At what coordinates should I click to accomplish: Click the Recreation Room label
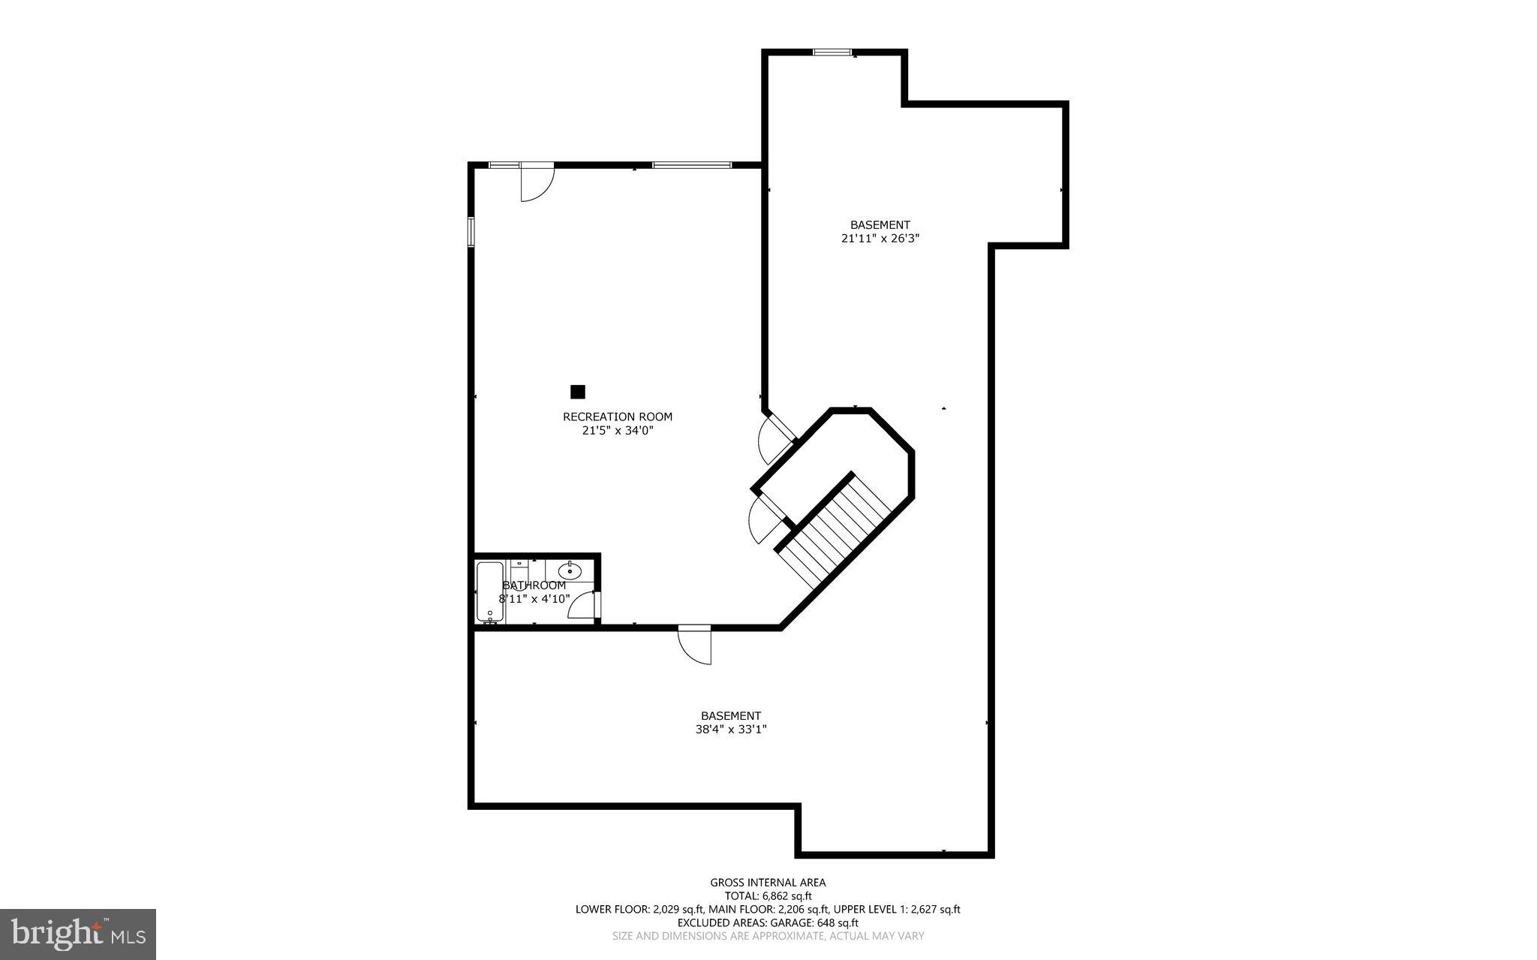click(617, 417)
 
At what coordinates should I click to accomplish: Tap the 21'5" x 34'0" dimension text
click(617, 431)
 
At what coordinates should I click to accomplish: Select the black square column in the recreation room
click(577, 392)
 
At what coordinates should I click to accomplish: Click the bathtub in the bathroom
click(489, 591)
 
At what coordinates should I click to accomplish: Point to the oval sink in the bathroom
click(570, 571)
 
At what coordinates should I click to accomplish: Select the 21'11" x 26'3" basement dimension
click(880, 239)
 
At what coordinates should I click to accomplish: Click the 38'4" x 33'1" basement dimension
click(730, 729)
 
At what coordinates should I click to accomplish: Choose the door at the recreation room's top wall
click(536, 182)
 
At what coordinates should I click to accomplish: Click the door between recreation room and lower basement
click(693, 645)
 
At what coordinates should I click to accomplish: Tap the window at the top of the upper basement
click(832, 53)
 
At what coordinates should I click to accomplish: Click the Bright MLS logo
click(78, 934)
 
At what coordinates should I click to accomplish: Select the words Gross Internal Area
click(768, 883)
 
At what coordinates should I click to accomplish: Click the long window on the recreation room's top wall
click(691, 165)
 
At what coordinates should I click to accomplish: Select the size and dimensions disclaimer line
click(768, 936)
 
